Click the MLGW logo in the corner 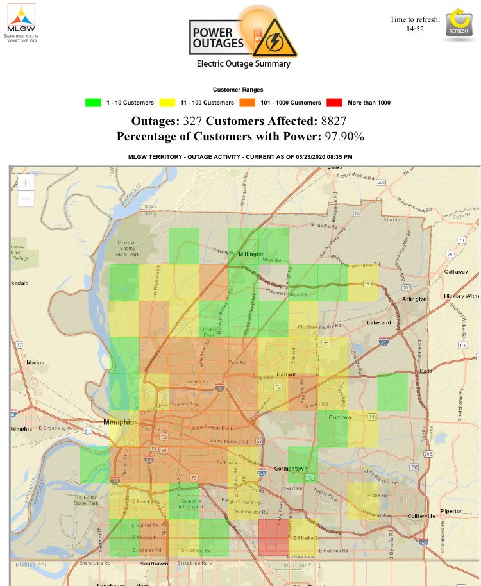[x=21, y=23]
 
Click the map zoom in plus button [x=25, y=183]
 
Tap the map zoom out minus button [x=25, y=199]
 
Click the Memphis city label [x=119, y=423]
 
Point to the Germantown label [x=292, y=469]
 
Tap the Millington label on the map [x=251, y=255]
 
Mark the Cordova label [x=340, y=417]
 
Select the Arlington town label [x=414, y=299]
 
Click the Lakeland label [x=378, y=322]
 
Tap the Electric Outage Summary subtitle [x=243, y=63]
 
